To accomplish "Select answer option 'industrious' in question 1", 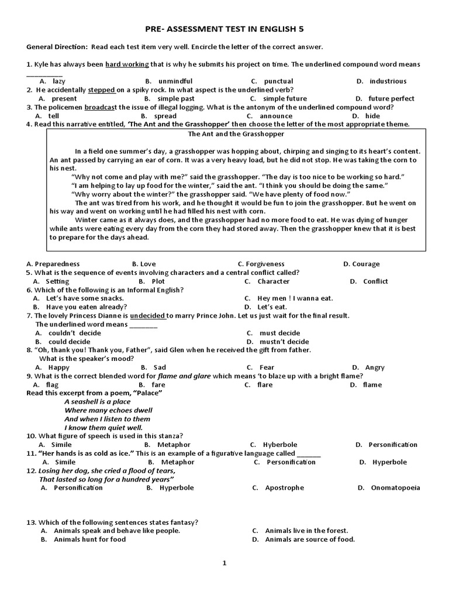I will (388, 81).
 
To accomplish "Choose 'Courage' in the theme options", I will (365, 264).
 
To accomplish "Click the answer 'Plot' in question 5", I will (158, 281).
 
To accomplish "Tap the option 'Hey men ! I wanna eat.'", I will (295, 298).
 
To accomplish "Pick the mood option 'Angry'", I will (375, 367).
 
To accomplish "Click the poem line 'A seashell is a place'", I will (98, 401).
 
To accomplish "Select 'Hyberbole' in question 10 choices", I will (280, 445).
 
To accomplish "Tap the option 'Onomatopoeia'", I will (395, 487).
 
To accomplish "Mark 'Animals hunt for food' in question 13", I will (89, 539).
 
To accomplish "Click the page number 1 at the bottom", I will (224, 563).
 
